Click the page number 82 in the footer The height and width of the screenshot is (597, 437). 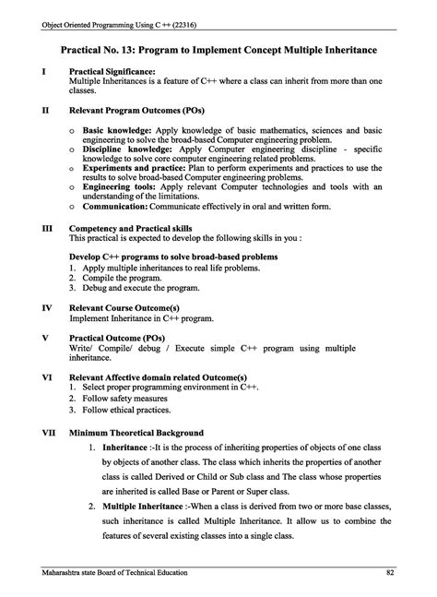pos(390,573)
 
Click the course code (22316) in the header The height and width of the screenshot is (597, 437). pos(181,10)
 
